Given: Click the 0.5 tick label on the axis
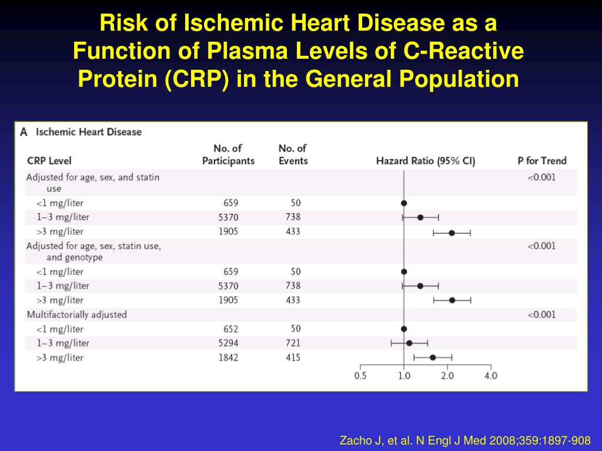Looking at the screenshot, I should [360, 376].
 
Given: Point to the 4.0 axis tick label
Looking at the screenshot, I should [490, 376].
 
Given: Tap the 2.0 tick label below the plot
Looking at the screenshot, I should [447, 376].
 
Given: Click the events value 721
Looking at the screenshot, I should [292, 343].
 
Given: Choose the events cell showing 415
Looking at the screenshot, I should [292, 358].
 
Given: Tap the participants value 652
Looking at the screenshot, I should [230, 329].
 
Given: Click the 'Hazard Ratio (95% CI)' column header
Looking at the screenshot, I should [426, 161].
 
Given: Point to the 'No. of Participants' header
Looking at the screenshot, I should [228, 154].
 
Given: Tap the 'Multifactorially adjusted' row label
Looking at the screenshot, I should [76, 315].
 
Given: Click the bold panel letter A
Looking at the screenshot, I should [24, 132].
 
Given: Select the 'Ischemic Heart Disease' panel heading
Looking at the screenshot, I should [89, 132].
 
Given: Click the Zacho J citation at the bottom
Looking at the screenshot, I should [465, 440].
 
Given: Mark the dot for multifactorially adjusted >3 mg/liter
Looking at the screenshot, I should [433, 357].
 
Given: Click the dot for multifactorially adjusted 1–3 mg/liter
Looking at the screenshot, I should [409, 343].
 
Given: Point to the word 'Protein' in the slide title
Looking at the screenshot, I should [118, 78].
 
